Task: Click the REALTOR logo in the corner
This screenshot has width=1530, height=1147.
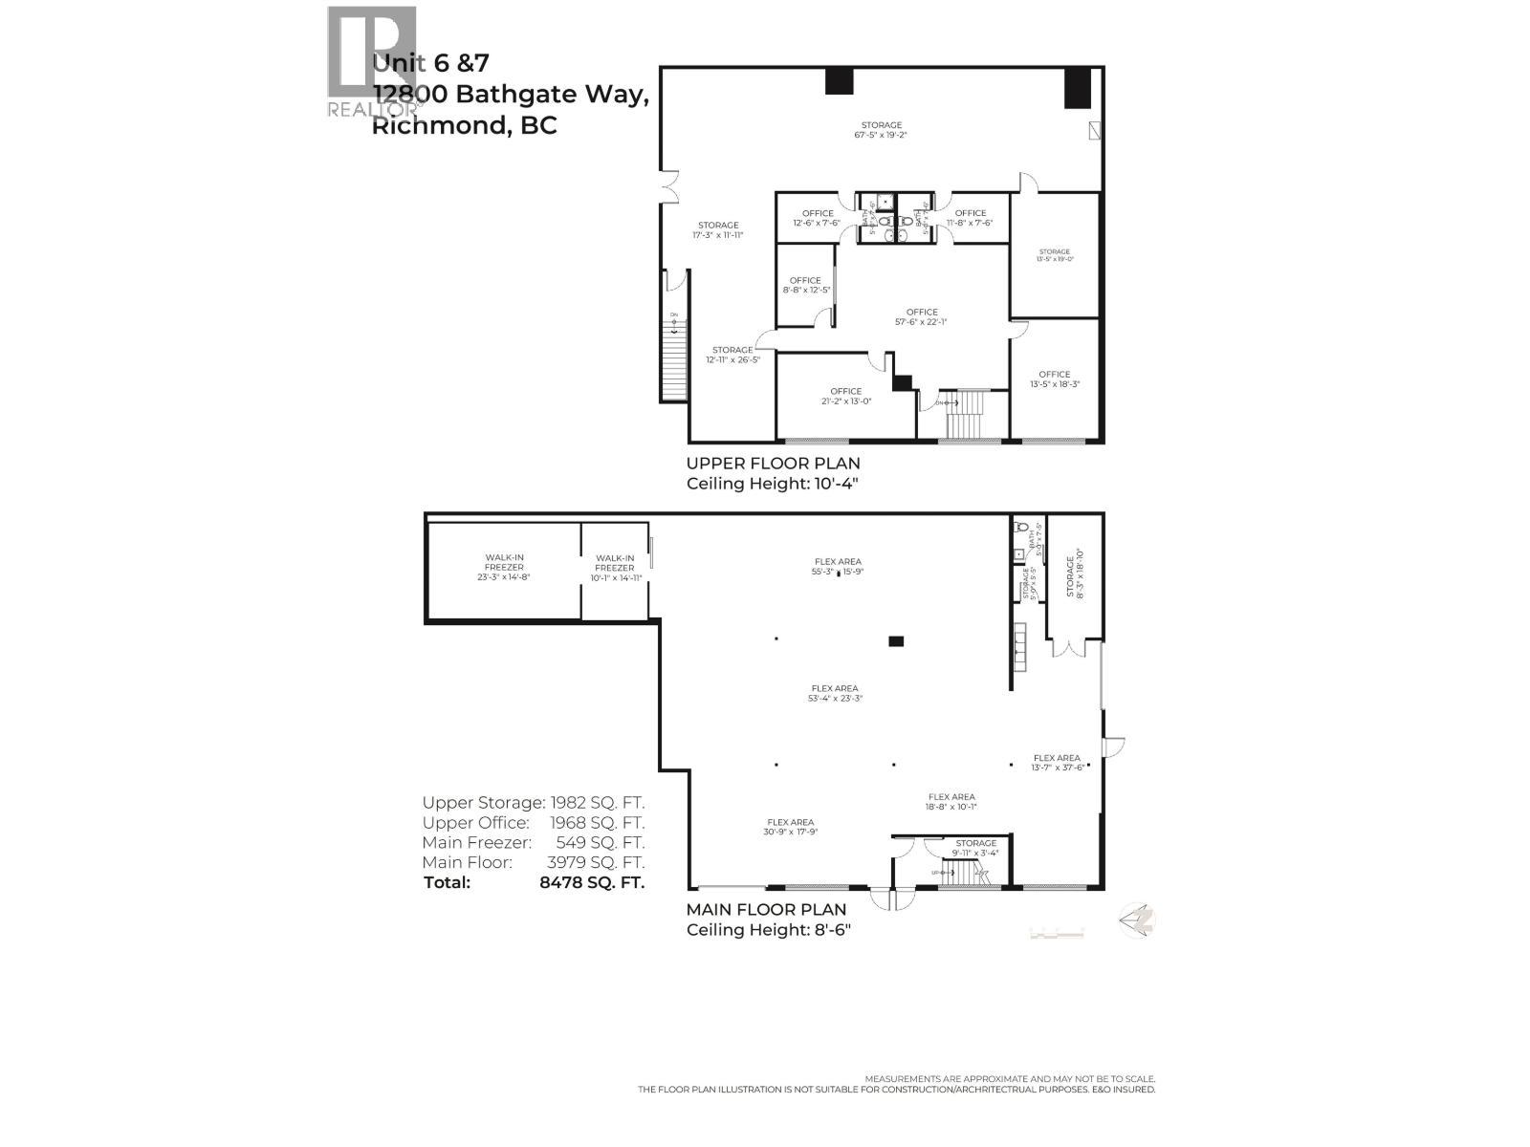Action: click(x=372, y=62)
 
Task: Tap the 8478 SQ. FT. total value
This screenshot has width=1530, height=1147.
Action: click(x=592, y=882)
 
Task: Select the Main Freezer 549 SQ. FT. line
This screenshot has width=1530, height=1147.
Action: click(x=534, y=843)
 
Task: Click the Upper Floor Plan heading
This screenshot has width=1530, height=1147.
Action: click(x=773, y=464)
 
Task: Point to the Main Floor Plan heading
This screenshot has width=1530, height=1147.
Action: click(x=766, y=910)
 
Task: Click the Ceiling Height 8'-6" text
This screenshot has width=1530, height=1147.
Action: click(x=768, y=930)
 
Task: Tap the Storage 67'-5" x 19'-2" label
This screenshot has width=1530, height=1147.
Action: click(x=881, y=130)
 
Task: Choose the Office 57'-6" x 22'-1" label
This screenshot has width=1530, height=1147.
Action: click(x=922, y=317)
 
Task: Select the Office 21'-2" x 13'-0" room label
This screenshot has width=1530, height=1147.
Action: click(x=845, y=397)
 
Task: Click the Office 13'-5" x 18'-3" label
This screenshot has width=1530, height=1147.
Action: click(x=1054, y=379)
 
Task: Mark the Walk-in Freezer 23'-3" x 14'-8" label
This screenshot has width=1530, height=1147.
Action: click(x=504, y=567)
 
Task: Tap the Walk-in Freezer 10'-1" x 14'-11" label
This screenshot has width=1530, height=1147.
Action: click(x=615, y=568)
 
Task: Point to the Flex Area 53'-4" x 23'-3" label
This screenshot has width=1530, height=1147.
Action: click(x=834, y=693)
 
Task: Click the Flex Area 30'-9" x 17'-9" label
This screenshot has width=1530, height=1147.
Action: click(x=789, y=827)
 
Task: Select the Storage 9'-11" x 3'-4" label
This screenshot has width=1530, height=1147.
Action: click(x=974, y=848)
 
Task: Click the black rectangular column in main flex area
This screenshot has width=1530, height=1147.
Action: click(x=895, y=641)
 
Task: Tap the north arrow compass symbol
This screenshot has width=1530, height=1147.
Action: click(x=1138, y=920)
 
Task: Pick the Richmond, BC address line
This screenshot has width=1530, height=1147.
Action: click(x=464, y=126)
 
